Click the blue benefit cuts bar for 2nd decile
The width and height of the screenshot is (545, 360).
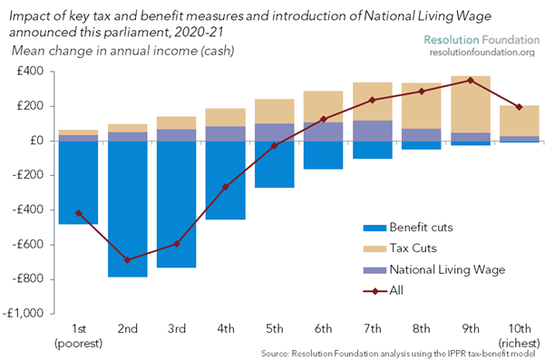click(128, 209)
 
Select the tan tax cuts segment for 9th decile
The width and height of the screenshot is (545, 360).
click(471, 104)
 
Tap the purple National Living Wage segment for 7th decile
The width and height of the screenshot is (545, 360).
click(373, 131)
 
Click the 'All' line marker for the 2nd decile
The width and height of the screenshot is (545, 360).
click(128, 259)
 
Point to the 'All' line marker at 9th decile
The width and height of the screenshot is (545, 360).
click(471, 81)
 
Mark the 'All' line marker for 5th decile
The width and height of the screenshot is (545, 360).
click(274, 146)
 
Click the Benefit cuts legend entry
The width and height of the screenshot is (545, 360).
click(408, 228)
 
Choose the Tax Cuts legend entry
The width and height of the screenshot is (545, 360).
click(400, 248)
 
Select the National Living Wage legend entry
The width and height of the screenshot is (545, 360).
click(434, 270)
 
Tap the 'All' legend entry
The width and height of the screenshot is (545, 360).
click(383, 290)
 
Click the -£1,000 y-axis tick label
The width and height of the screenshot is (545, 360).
click(23, 314)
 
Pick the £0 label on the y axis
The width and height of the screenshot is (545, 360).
click(37, 141)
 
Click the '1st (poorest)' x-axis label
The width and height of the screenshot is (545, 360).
click(79, 336)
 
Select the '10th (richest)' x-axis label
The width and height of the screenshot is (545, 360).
click(520, 336)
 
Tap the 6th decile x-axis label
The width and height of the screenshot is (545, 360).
click(323, 329)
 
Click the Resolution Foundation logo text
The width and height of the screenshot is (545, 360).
click(482, 40)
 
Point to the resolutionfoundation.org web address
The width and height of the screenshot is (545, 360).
click(482, 53)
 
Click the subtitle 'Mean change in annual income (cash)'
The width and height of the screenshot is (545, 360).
click(123, 51)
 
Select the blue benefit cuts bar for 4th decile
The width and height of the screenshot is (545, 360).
click(226, 180)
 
